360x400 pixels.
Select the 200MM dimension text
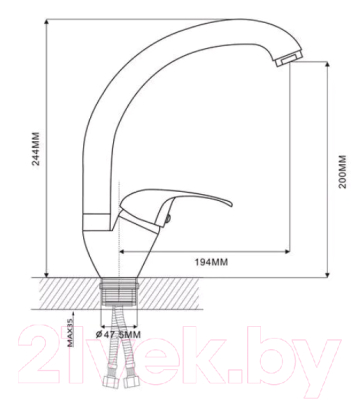pyautogui.click(x=343, y=171)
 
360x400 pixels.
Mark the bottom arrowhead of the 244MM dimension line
pyautogui.click(x=47, y=273)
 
